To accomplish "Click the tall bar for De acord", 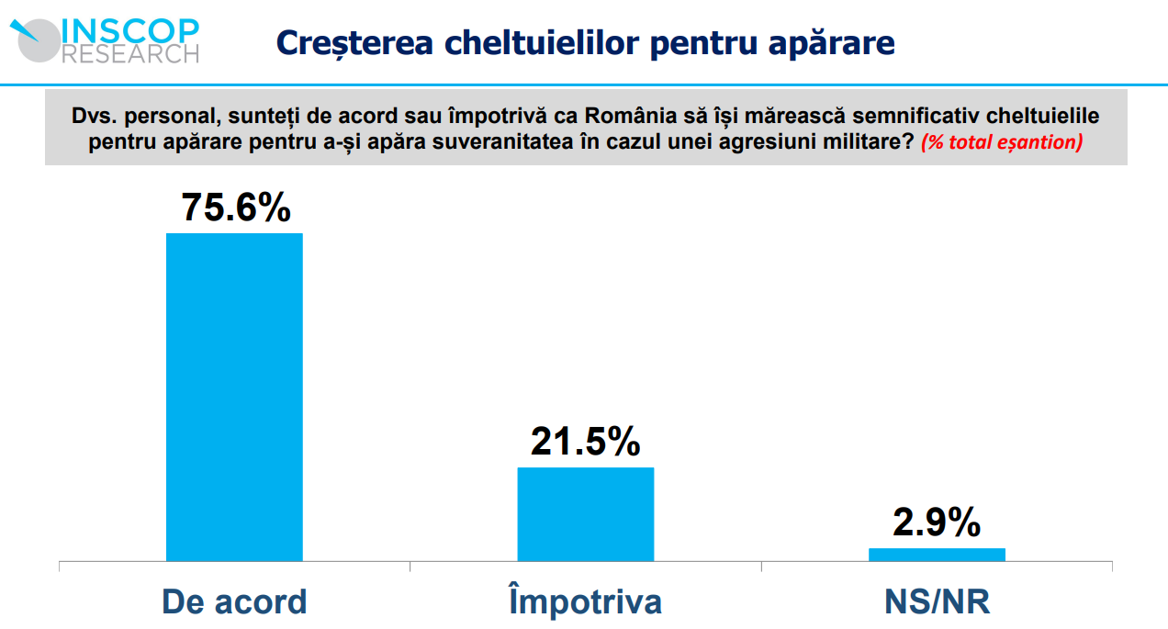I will click(x=234, y=397).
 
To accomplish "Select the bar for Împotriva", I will click(x=586, y=513).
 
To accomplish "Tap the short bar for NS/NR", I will click(x=937, y=554).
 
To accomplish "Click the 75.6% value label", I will click(x=236, y=208).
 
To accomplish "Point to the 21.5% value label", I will click(x=585, y=442).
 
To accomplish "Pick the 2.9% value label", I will click(x=937, y=522).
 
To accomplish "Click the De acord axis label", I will click(x=234, y=601).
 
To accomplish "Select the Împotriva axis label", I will click(x=585, y=601).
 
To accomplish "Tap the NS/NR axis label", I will click(x=937, y=602).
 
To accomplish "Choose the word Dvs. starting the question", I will click(x=93, y=118).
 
